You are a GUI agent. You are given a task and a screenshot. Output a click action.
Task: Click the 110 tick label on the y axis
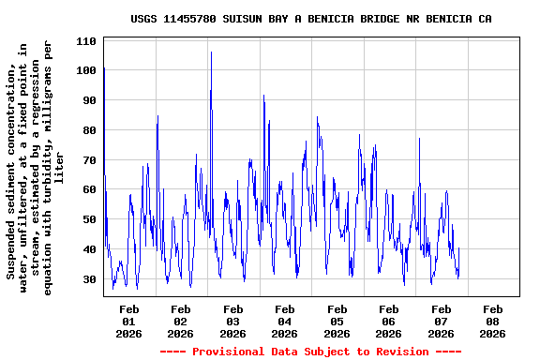[x=87, y=40]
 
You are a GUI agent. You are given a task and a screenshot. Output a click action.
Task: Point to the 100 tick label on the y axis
[x=87, y=70]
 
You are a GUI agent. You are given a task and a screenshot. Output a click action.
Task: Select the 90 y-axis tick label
[x=90, y=100]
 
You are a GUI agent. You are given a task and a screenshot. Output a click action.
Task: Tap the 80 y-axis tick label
[x=90, y=130]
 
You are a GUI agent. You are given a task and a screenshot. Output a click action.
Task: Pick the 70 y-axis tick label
[x=90, y=160]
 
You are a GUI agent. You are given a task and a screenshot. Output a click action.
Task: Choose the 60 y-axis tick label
[x=90, y=189]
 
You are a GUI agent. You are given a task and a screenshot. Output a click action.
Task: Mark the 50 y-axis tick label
[x=90, y=219]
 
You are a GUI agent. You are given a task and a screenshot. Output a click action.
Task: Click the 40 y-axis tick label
[x=90, y=249]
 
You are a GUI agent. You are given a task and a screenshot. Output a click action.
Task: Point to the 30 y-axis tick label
[x=90, y=279]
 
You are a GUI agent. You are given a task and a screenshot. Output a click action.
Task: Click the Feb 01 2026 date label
[x=129, y=321]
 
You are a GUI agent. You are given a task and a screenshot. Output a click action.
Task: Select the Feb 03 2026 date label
[x=233, y=321]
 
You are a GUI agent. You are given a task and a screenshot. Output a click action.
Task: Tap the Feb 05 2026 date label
[x=337, y=321]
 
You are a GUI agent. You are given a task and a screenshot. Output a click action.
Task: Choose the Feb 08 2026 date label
[x=492, y=321]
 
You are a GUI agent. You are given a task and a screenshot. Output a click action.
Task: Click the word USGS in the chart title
[x=145, y=19]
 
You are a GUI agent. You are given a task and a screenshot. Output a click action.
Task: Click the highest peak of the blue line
[x=211, y=53]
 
